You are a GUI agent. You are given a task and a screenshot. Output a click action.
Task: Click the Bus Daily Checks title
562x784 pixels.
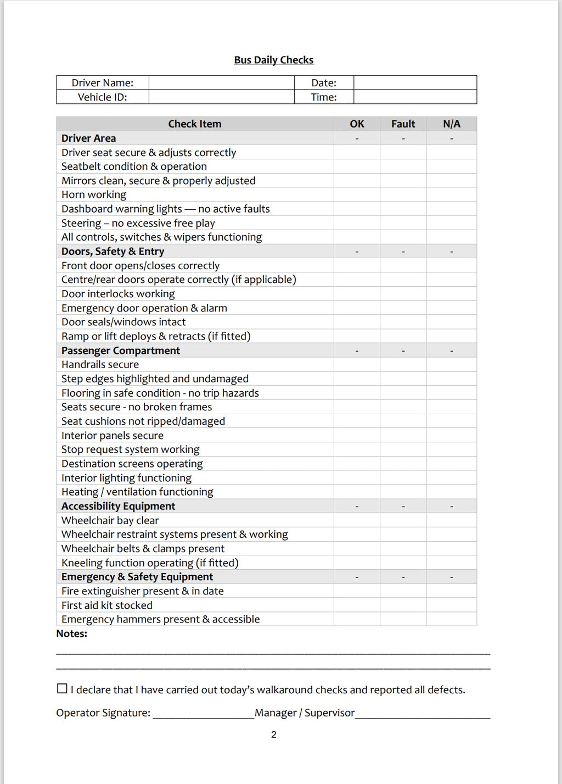273,60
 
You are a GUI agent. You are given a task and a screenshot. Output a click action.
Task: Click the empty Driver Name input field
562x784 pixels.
221,83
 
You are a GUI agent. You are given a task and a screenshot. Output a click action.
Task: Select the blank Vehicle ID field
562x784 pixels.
221,97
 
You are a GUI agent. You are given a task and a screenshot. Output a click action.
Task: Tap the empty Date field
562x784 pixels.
415,83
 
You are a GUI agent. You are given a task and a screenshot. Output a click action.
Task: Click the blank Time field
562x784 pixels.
415,97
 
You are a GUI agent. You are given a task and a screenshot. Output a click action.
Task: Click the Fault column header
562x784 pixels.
403,124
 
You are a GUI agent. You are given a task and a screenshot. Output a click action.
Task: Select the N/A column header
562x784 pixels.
451,124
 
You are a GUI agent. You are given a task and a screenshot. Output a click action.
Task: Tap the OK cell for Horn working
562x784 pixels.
357,194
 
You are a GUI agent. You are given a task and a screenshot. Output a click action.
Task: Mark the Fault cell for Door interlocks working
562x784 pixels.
403,294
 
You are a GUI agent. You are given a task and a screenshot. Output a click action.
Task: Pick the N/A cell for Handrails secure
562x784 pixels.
451,364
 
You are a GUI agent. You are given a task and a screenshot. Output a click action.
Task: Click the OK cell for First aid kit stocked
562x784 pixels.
357,605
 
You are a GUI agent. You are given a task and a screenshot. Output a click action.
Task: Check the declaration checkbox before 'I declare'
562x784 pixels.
62,688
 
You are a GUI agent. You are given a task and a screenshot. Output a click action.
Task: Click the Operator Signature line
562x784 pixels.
203,714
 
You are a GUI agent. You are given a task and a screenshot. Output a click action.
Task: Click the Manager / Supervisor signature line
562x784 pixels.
423,714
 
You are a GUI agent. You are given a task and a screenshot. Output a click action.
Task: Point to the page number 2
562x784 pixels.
274,735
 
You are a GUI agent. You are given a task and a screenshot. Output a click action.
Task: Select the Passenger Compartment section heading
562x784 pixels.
121,351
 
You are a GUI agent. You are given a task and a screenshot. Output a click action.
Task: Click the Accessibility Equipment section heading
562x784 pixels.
119,506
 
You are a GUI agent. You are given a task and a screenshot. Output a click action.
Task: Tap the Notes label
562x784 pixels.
72,633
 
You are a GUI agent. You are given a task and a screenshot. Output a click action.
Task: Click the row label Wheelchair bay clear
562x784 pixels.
110,520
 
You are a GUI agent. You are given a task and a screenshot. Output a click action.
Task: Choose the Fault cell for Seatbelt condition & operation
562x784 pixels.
403,166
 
